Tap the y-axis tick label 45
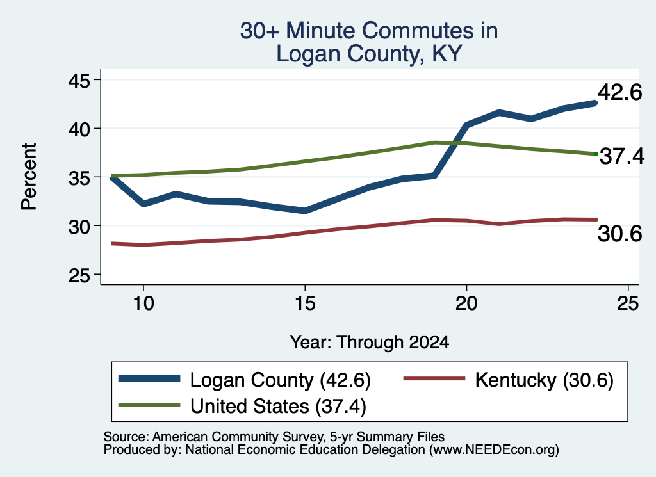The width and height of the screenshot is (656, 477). tap(79, 80)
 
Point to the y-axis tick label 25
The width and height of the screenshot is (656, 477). tap(79, 275)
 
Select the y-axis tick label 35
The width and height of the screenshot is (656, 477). tap(79, 177)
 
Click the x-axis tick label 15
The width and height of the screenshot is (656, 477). tap(305, 303)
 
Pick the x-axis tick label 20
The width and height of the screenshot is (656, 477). tap(466, 303)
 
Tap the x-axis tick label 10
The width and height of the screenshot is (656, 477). tap(143, 303)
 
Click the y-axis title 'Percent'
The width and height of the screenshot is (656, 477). tap(29, 177)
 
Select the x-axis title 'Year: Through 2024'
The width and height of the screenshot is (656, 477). tap(370, 342)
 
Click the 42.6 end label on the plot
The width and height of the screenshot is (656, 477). tap(619, 92)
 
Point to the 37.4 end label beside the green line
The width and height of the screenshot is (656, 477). tap(622, 156)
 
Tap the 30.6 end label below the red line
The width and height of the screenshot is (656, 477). tap(619, 233)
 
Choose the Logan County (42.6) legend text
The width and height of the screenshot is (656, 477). tap(281, 380)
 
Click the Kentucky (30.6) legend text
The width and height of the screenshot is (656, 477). tap(545, 380)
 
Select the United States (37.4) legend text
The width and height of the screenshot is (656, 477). tap(278, 406)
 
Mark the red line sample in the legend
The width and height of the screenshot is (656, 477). tap(434, 378)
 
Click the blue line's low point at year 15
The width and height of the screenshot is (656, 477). tap(305, 211)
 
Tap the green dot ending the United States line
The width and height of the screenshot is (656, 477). tap(596, 154)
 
